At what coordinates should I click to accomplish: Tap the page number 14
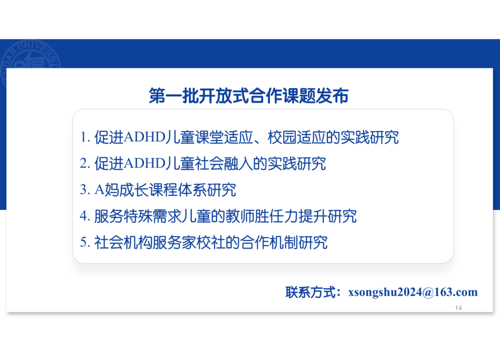[x=458, y=308]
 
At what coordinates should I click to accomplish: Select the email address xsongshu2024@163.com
[x=412, y=292]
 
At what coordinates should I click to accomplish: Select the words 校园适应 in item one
[x=296, y=138]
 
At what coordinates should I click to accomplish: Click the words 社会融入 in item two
[x=224, y=164]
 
